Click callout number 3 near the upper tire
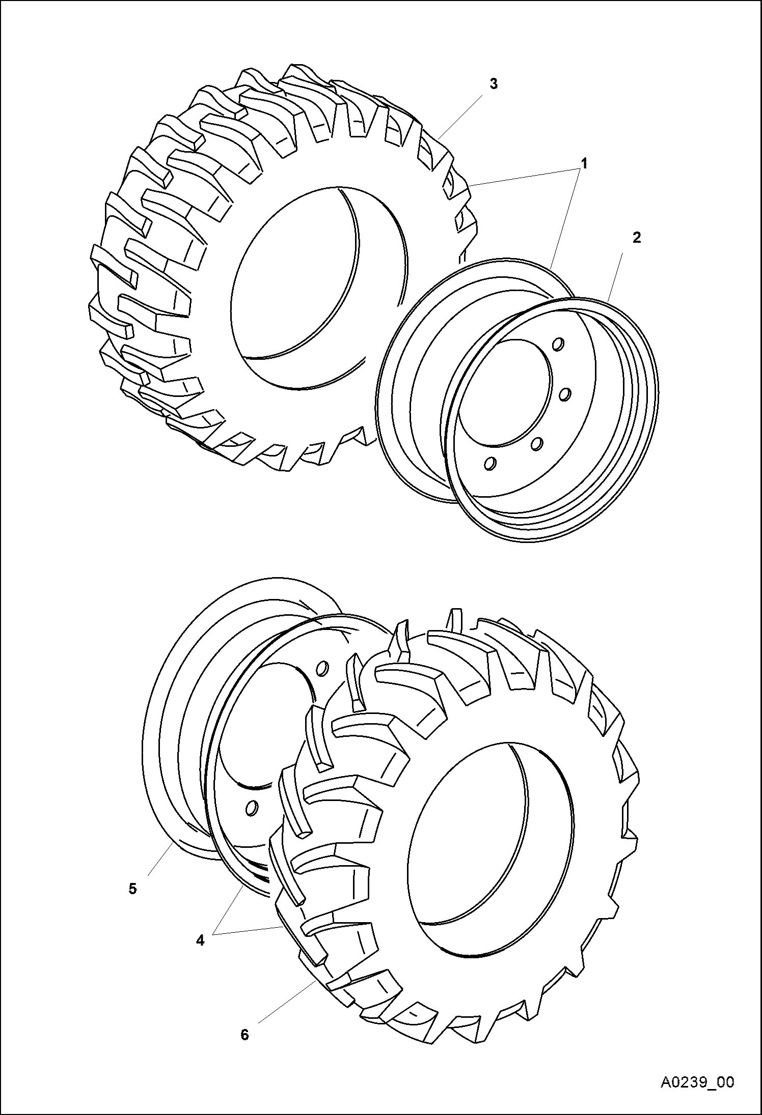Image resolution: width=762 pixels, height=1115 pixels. coord(493,84)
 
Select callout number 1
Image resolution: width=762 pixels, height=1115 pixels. coord(584,164)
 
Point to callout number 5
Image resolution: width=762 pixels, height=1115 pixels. coord(132,889)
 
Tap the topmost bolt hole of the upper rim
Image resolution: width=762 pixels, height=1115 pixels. coord(558,345)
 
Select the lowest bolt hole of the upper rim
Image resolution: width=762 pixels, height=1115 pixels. coord(490,464)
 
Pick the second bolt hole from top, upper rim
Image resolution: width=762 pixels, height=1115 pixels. coord(564,393)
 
